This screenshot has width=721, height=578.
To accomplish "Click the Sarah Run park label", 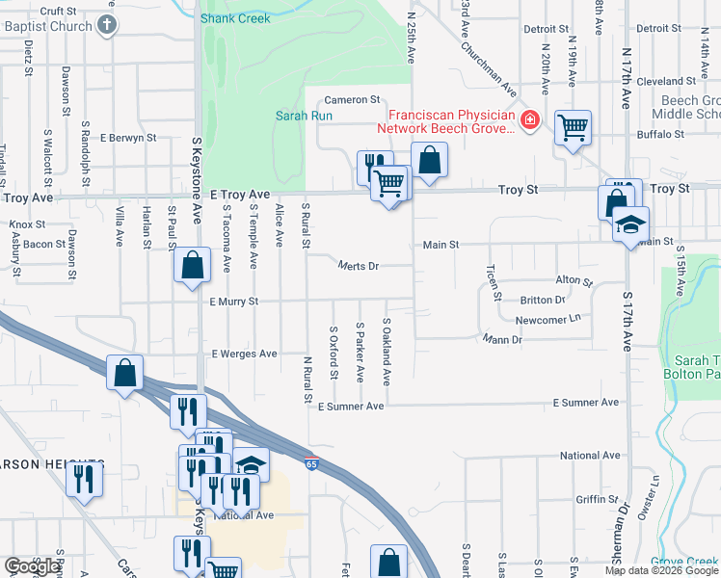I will pyautogui.click(x=304, y=116).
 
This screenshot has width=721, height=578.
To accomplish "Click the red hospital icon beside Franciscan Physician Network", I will pyautogui.click(x=528, y=120).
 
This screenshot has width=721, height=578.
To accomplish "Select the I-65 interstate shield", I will pyautogui.click(x=312, y=463).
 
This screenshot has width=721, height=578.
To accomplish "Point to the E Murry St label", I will pyautogui.click(x=235, y=302).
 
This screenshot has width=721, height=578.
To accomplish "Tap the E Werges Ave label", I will pyautogui.click(x=244, y=354).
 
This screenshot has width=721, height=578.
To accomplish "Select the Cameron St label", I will pyautogui.click(x=353, y=99).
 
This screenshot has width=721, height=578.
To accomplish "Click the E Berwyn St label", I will pyautogui.click(x=127, y=138).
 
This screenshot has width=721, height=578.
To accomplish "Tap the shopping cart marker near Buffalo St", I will pyautogui.click(x=573, y=126).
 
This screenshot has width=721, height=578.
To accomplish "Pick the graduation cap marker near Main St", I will pyautogui.click(x=629, y=224).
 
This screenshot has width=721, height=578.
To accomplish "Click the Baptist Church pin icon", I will pyautogui.click(x=109, y=26).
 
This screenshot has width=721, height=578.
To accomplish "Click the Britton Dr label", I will pyautogui.click(x=543, y=300).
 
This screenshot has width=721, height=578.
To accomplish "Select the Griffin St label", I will pyautogui.click(x=597, y=499).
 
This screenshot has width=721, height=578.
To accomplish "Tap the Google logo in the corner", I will pyautogui.click(x=32, y=566).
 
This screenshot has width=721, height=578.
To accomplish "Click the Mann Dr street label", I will pyautogui.click(x=502, y=339).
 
